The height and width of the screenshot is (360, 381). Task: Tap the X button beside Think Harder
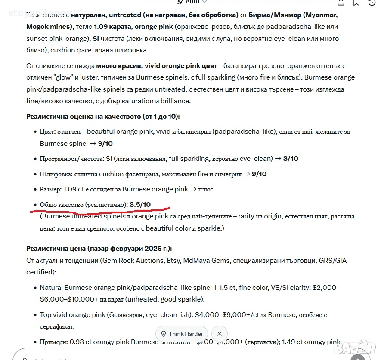pos(220,334)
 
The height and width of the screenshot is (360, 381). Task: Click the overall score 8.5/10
pos(140,204)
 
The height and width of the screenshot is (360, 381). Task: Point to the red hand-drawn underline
pos(99,210)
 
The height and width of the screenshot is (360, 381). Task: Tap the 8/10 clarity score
pos(291,159)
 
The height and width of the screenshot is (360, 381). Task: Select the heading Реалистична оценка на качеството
pos(103,116)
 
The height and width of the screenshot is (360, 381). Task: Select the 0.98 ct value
pos(76,342)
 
